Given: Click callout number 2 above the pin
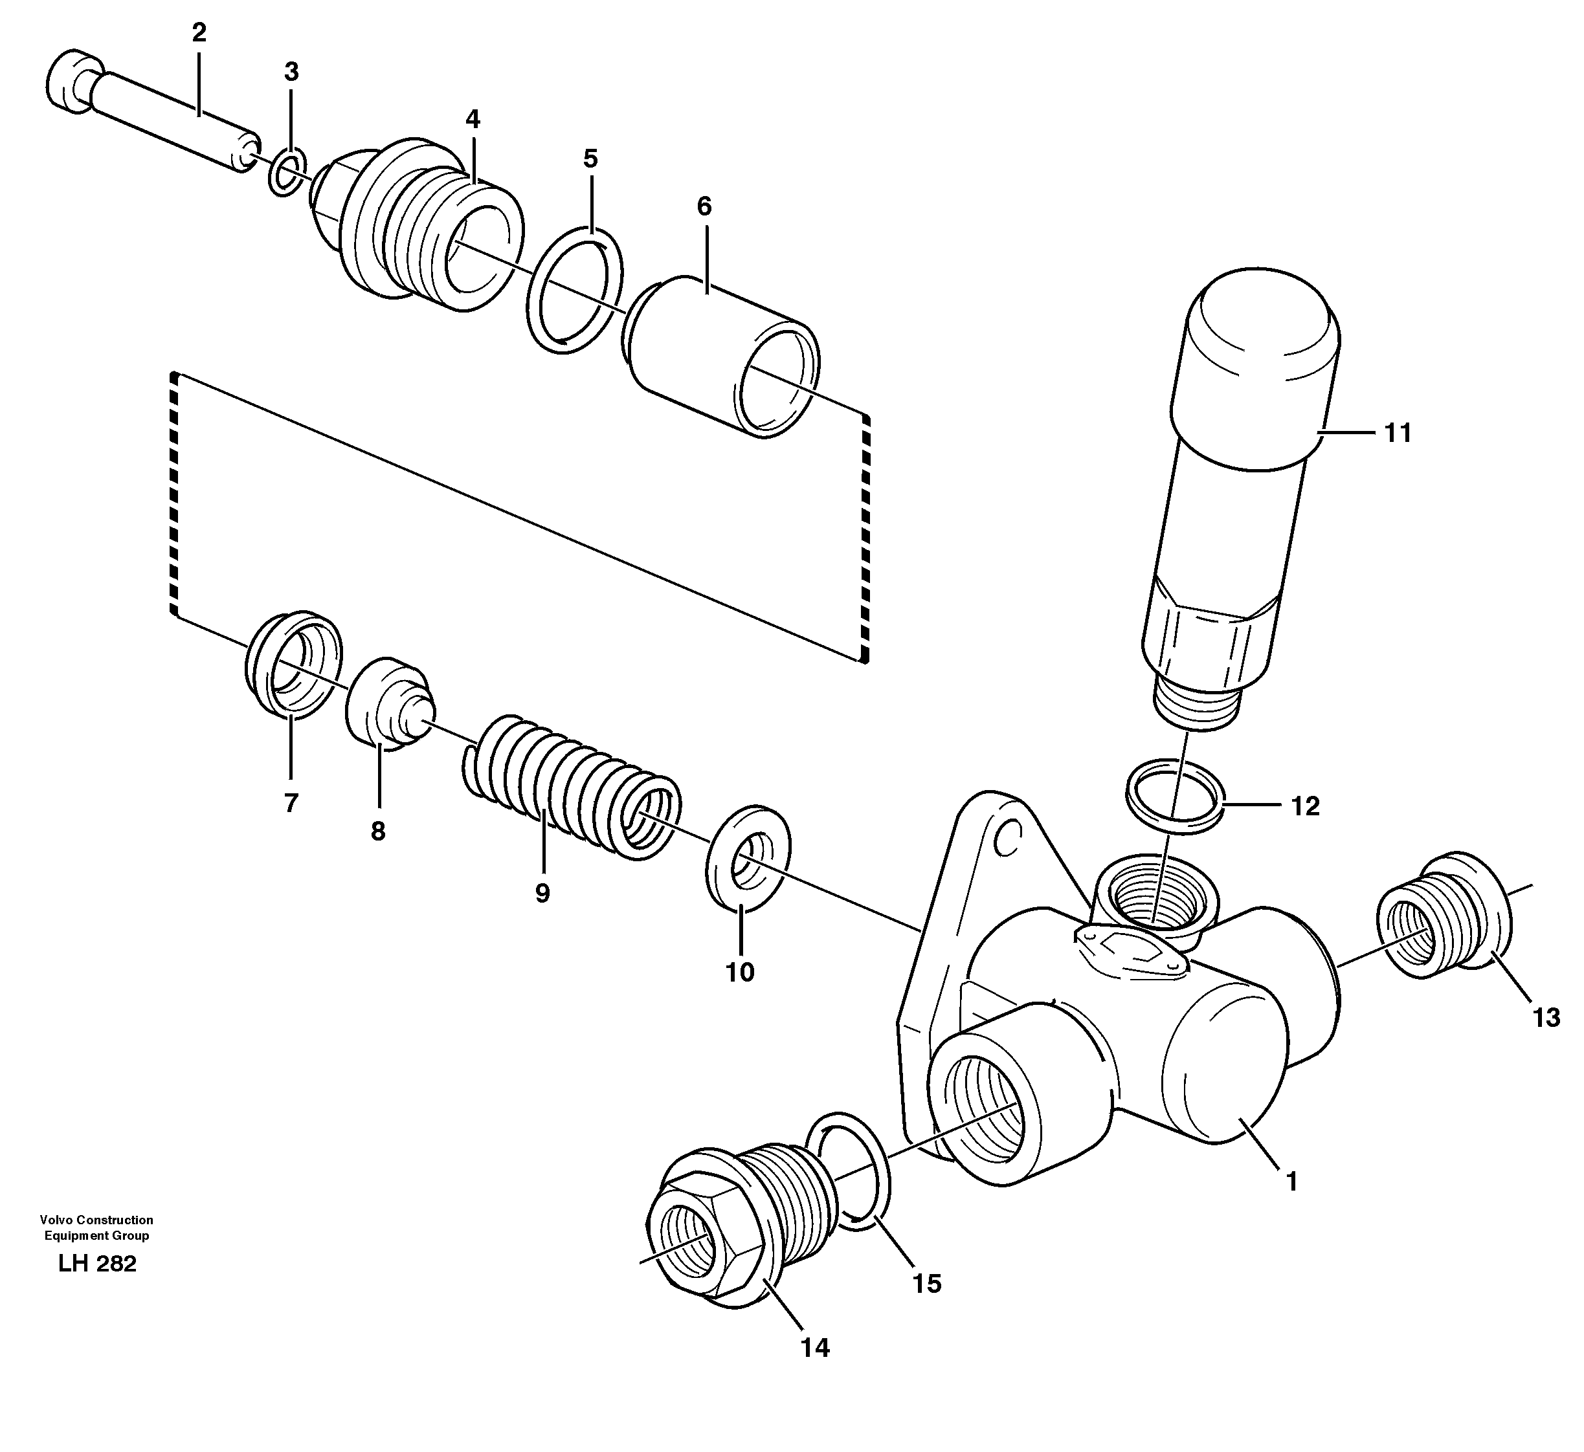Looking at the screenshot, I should pyautogui.click(x=198, y=33).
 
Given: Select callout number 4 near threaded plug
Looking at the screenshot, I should pyautogui.click(x=472, y=120).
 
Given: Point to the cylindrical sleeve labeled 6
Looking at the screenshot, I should pyautogui.click(x=723, y=353).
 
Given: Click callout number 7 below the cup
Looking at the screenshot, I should pyautogui.click(x=291, y=803).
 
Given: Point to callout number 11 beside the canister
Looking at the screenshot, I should pyautogui.click(x=1398, y=433).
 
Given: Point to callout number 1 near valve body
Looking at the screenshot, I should pyautogui.click(x=1291, y=1182).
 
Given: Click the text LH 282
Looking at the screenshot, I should pyautogui.click(x=96, y=1264).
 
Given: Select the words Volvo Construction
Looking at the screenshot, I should pyautogui.click(x=96, y=1220).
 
